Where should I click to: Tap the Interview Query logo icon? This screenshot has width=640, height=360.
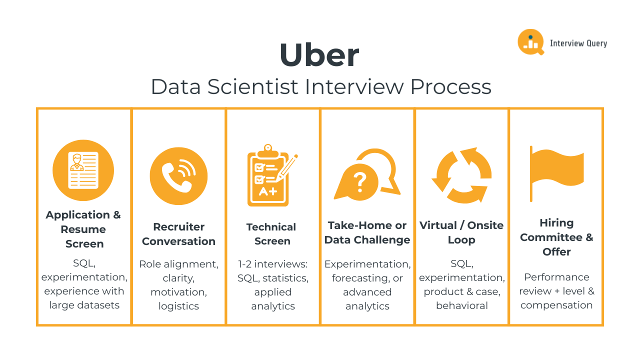(x=530, y=42)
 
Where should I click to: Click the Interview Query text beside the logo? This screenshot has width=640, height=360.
(x=578, y=43)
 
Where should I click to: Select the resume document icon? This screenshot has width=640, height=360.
(x=83, y=170)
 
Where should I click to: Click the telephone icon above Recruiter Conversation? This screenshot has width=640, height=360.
(x=178, y=175)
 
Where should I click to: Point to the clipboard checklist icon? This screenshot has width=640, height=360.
(x=269, y=176)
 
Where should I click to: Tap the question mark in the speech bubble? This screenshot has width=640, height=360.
(x=359, y=182)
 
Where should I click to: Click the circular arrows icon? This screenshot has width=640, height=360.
(x=461, y=175)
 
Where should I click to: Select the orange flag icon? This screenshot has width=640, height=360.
(x=556, y=170)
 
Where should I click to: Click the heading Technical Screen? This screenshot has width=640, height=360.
(x=271, y=234)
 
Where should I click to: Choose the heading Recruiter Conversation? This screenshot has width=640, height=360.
(x=178, y=234)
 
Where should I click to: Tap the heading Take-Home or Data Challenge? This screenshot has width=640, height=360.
(x=367, y=232)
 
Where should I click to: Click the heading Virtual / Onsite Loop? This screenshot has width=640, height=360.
(x=461, y=232)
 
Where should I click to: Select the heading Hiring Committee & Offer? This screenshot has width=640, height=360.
(x=556, y=237)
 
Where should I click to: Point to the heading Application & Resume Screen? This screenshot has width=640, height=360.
(x=83, y=229)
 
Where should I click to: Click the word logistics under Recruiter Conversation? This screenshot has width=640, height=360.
(x=178, y=306)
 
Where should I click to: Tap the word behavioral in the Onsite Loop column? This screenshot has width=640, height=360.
(x=461, y=305)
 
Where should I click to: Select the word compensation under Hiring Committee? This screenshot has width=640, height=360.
(x=556, y=305)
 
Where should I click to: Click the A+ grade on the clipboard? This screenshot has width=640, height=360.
(x=268, y=191)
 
